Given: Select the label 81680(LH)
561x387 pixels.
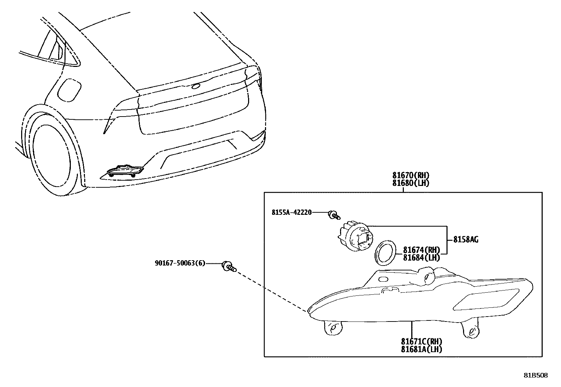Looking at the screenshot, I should pyautogui.click(x=411, y=183).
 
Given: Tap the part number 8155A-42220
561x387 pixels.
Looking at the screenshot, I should pyautogui.click(x=291, y=212).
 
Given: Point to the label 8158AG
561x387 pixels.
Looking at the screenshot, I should pyautogui.click(x=466, y=240).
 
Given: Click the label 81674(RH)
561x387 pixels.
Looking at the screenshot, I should pyautogui.click(x=421, y=250).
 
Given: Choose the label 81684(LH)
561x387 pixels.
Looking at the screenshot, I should pyautogui.click(x=421, y=257).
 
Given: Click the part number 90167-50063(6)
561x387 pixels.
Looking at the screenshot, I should pyautogui.click(x=180, y=263).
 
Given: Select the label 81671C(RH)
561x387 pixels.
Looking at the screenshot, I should pyautogui.click(x=421, y=342).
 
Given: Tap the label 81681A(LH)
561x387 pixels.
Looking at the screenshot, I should pyautogui.click(x=421, y=349).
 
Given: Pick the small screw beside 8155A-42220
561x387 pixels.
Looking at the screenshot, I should pyautogui.click(x=334, y=215).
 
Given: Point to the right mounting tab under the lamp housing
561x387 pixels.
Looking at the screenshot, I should pyautogui.click(x=470, y=329).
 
